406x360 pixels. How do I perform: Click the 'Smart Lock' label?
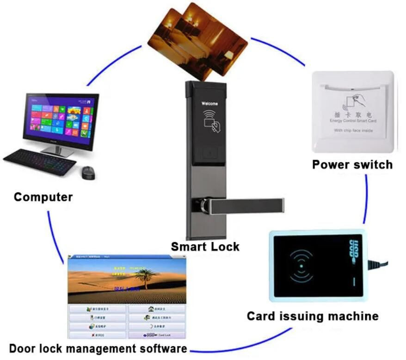click(x=205, y=246)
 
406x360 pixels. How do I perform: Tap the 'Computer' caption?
click(x=43, y=197)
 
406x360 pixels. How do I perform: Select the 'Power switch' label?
click(x=352, y=164)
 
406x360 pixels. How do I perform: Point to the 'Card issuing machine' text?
click(x=312, y=316)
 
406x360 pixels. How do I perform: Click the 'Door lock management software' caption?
click(x=98, y=348)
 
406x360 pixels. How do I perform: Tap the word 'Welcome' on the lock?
click(x=209, y=104)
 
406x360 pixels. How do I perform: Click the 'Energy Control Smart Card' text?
click(x=353, y=121)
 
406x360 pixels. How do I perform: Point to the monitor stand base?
click(x=58, y=153)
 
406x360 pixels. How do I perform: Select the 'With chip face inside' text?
click(x=353, y=131)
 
